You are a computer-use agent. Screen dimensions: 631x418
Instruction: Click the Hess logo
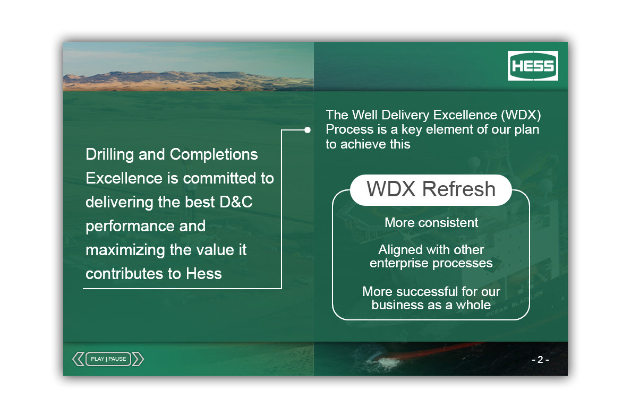[533, 66]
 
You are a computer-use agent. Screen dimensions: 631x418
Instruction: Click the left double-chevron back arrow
[78, 359]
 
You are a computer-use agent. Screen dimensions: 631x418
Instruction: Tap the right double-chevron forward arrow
[138, 359]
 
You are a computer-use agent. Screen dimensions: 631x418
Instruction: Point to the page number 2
[540, 359]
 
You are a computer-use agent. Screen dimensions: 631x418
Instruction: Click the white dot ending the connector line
[308, 130]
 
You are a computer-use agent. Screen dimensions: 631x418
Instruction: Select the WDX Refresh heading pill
[431, 190]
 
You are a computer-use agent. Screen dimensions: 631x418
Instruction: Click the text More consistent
[431, 222]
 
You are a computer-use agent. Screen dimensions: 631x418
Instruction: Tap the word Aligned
[399, 250]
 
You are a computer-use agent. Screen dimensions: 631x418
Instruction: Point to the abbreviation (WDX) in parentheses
[521, 115]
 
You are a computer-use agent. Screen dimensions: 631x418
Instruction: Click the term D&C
[236, 202]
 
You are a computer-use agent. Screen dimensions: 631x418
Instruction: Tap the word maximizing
[125, 250]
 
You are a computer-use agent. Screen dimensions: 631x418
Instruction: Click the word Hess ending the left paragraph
[203, 274]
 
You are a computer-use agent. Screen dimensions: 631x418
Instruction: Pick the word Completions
[214, 155]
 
